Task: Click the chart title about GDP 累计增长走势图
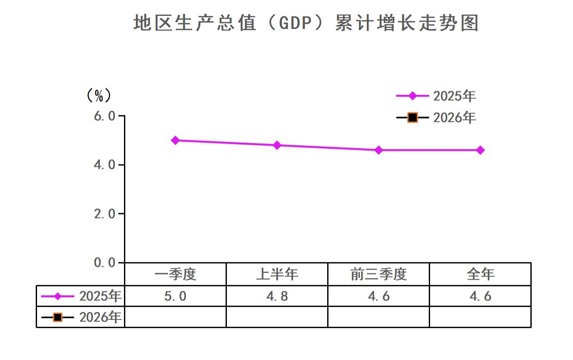(x=306, y=23)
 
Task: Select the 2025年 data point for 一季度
(x=175, y=140)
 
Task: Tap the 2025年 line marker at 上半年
(x=277, y=145)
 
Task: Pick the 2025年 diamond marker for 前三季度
(x=379, y=150)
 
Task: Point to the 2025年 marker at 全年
(x=480, y=150)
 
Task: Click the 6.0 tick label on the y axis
(x=105, y=116)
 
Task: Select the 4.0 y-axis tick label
(x=105, y=165)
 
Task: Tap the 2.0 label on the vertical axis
(x=105, y=214)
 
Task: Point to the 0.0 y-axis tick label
(x=105, y=262)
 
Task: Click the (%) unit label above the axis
(x=99, y=96)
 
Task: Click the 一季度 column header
(x=175, y=274)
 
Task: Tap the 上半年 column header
(x=277, y=274)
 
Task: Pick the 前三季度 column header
(x=379, y=274)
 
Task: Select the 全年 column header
(x=480, y=274)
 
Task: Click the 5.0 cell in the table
(x=175, y=296)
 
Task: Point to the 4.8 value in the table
(x=277, y=296)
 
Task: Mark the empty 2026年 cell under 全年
(x=480, y=317)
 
